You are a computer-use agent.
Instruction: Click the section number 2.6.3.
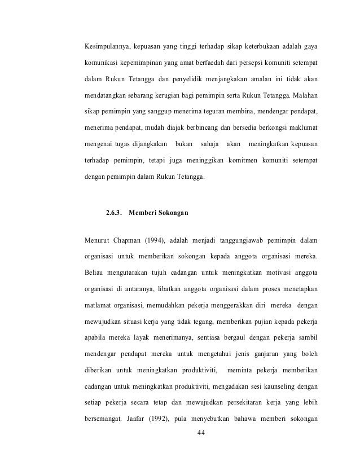pos(115,213)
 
